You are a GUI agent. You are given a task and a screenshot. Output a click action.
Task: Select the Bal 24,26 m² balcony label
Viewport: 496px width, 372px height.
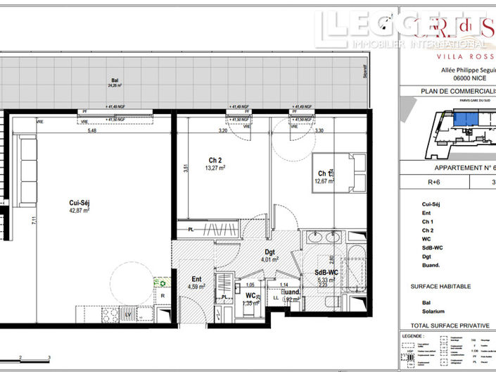114,82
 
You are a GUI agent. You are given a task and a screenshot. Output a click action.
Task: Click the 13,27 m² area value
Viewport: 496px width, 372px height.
215,168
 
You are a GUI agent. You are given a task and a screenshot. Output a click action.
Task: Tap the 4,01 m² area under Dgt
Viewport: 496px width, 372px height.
270,259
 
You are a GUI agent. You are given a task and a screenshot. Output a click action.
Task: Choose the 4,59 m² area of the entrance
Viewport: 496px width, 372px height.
196,287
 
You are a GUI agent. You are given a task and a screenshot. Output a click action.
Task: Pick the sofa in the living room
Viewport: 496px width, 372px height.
27,163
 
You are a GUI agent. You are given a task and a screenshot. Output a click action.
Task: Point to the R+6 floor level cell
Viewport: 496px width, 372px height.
423,181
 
